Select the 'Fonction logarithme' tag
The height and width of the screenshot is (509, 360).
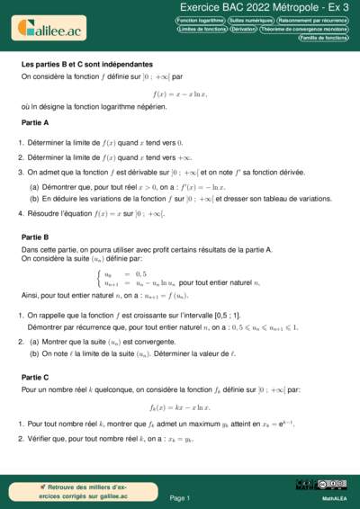click(x=200, y=19)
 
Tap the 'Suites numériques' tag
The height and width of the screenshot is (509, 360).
click(x=250, y=19)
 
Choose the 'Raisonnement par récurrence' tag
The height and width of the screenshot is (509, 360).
click(x=312, y=19)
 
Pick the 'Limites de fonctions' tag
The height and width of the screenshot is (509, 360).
click(x=201, y=29)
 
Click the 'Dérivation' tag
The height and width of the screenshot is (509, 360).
click(x=243, y=29)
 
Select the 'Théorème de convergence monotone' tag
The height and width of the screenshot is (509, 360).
click(x=304, y=29)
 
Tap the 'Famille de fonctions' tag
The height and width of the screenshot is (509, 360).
click(x=324, y=39)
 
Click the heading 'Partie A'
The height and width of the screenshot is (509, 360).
click(x=35, y=121)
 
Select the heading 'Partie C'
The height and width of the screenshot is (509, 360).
click(x=35, y=353)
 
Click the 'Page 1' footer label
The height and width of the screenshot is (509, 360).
click(x=180, y=497)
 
